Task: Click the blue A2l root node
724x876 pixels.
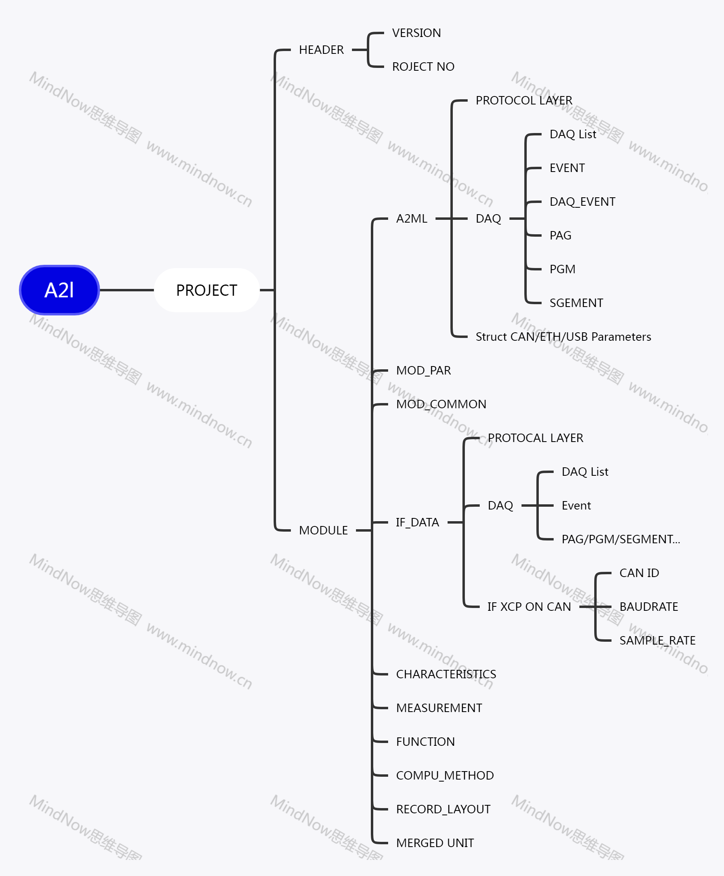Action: (x=59, y=290)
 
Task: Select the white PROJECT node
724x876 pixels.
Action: (x=207, y=290)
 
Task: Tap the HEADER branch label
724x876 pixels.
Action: (x=321, y=50)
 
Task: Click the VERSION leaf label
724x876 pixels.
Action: (x=416, y=33)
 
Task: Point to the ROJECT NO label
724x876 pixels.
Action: (x=423, y=67)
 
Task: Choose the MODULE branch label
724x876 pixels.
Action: (x=323, y=530)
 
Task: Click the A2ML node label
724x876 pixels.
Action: (x=412, y=219)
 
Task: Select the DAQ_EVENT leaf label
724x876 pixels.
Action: (x=582, y=202)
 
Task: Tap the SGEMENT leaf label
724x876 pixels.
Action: (x=576, y=303)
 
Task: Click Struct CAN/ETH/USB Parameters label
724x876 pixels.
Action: (x=563, y=337)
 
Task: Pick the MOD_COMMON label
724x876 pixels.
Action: (x=441, y=404)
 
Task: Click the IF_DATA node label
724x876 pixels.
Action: (x=417, y=522)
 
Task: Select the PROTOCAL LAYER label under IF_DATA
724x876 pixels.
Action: (x=535, y=438)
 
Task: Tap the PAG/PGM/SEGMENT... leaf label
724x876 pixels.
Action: (x=621, y=539)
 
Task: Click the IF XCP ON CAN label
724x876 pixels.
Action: (x=529, y=606)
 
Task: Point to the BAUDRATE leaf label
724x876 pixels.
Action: (x=648, y=606)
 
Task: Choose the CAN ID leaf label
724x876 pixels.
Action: (x=639, y=573)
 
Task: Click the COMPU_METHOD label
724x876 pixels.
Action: (x=445, y=776)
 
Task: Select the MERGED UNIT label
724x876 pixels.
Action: (x=435, y=843)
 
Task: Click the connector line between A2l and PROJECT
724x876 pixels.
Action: (x=127, y=290)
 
